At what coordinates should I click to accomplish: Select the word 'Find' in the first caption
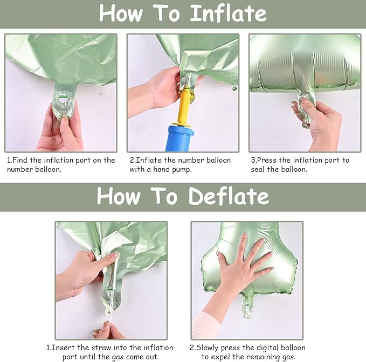22,160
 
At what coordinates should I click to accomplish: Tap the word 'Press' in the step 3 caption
267,160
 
